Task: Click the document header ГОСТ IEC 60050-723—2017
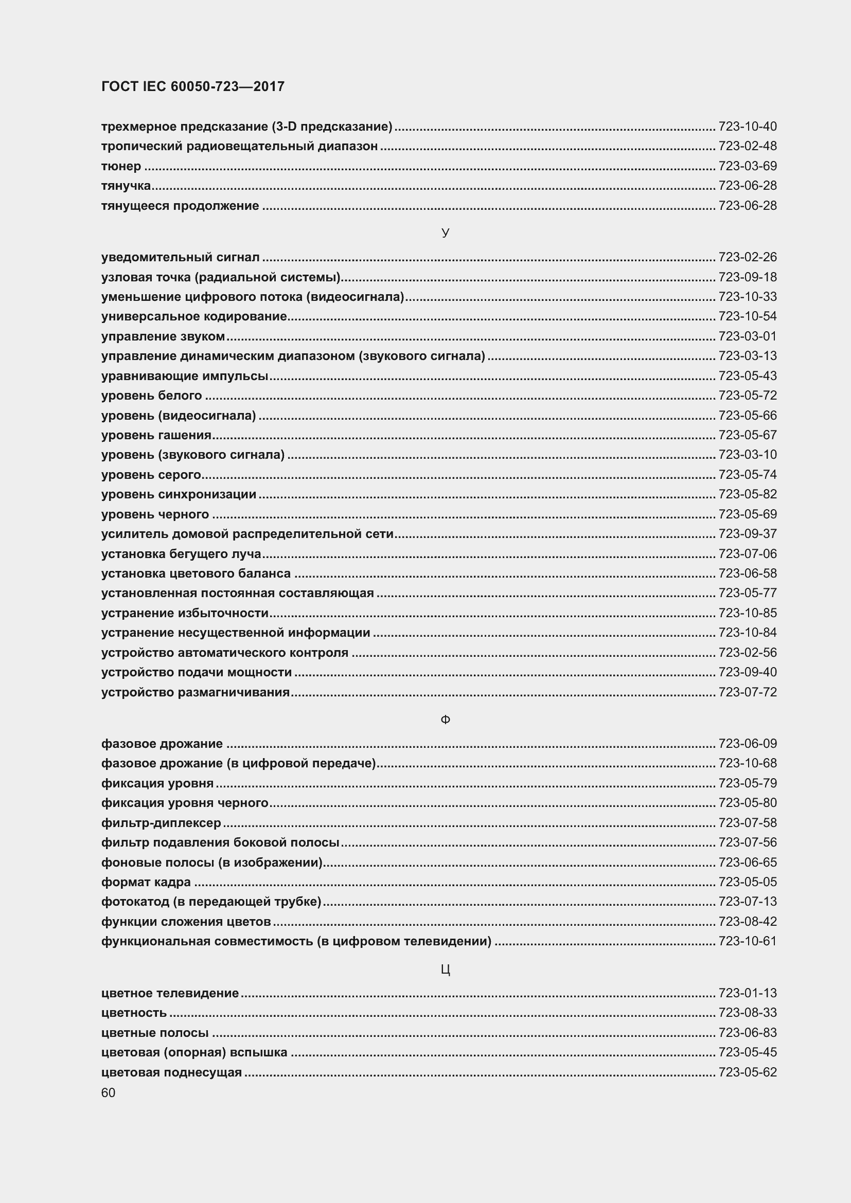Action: (193, 86)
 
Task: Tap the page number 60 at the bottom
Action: (108, 1092)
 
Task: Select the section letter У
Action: (445, 232)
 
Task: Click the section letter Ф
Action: (445, 720)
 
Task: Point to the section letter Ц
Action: (445, 969)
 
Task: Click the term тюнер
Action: (121, 166)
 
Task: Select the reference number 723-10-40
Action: (747, 127)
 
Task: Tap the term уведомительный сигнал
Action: (180, 257)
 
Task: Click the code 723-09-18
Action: (747, 277)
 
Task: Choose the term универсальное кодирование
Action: (194, 316)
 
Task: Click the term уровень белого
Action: (151, 396)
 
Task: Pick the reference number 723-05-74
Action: (747, 475)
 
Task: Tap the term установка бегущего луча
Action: (181, 554)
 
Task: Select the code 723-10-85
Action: (747, 613)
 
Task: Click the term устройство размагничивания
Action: (196, 692)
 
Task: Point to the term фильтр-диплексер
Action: (161, 822)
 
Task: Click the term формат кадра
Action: (146, 882)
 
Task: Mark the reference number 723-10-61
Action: (747, 941)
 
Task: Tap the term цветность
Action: (134, 1012)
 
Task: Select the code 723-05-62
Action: (747, 1072)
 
